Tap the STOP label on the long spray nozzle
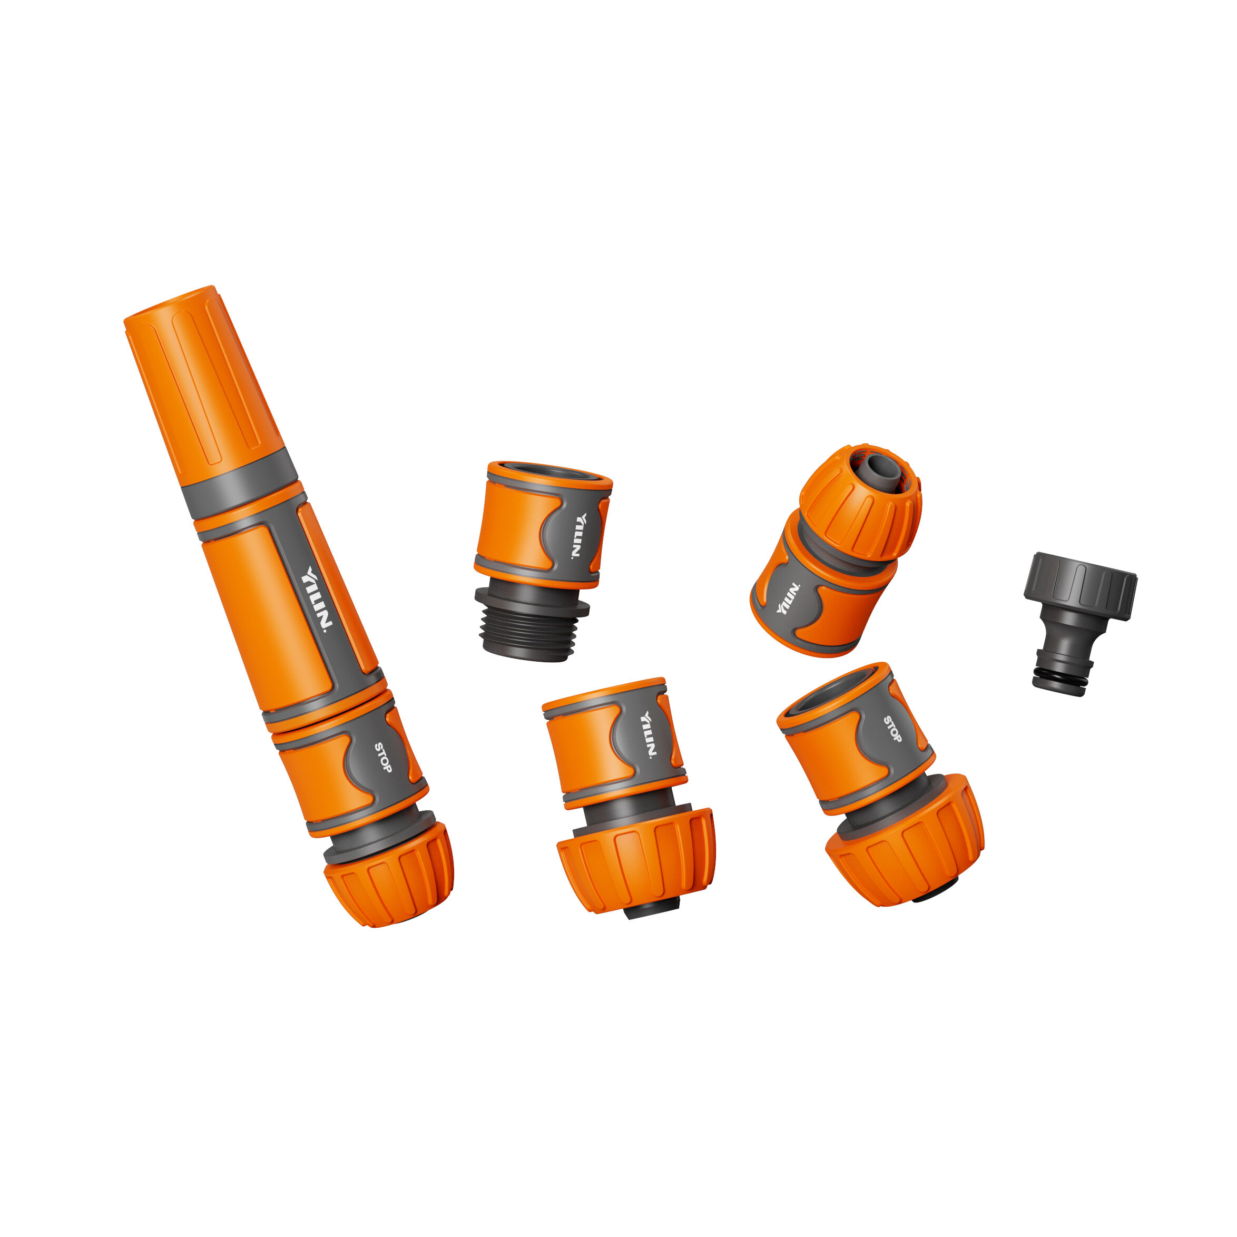383,758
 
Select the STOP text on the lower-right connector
892,730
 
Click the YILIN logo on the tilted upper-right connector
788,598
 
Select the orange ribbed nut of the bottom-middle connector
636,858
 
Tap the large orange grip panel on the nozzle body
269,615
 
